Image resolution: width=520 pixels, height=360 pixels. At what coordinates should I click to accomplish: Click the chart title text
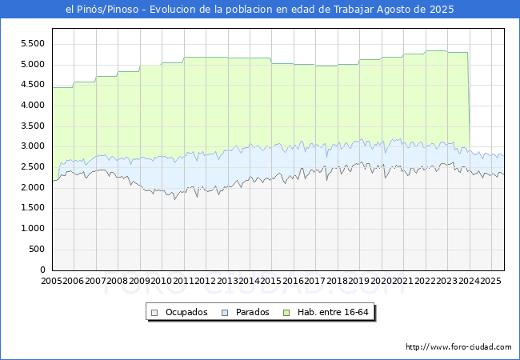coord(260,10)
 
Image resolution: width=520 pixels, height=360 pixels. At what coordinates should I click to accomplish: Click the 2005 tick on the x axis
coord(52,281)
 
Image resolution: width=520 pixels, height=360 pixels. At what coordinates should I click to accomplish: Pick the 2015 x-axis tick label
coord(270,281)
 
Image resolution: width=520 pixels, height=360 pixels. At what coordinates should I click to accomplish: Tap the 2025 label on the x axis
coord(490,281)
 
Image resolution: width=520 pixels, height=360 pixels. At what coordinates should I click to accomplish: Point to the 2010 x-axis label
coord(162,281)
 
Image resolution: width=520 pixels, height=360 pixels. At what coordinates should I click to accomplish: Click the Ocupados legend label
coord(186,312)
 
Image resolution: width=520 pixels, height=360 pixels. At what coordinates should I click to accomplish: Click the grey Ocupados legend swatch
coord(155,312)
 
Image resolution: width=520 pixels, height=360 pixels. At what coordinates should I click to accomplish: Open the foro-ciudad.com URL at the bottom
coord(458,347)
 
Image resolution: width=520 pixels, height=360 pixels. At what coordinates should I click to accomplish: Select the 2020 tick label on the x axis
coord(380,281)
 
